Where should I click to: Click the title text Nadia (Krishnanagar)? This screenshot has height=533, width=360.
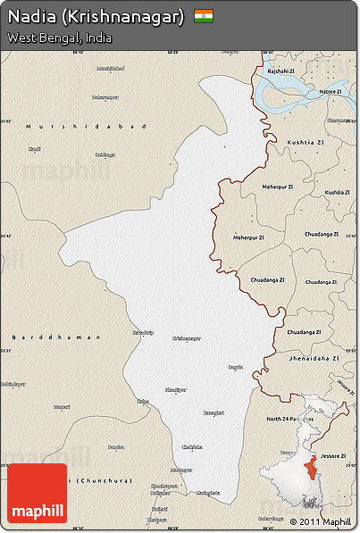coord(96,17)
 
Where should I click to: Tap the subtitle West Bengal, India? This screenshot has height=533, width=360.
coord(59,38)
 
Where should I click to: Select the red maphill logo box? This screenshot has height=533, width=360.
coord(37,493)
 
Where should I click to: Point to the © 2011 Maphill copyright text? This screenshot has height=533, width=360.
coord(321,521)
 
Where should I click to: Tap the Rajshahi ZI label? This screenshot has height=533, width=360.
coord(280,71)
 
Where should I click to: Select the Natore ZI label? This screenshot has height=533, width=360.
coord(331,91)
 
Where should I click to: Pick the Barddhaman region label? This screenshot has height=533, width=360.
coord(43,337)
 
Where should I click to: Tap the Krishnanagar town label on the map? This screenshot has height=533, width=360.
coord(186,338)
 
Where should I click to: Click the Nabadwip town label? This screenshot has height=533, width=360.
coord(143,332)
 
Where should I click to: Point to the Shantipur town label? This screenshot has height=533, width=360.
coord(176,390)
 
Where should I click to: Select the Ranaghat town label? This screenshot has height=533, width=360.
coord(214,412)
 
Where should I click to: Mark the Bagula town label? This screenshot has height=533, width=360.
coord(236,367)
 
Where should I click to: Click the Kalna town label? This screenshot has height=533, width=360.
coord(143,402)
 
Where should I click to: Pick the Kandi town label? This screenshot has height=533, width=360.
coord(35,148)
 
